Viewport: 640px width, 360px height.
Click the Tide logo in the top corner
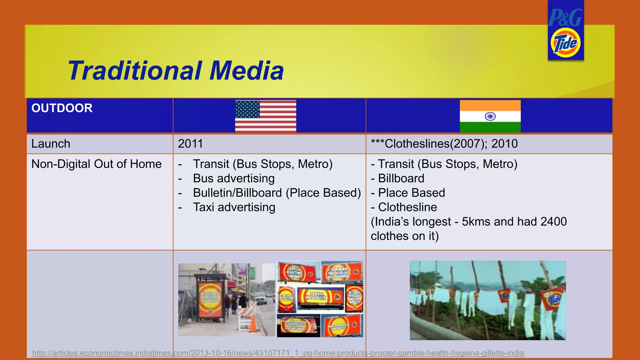click(565, 43)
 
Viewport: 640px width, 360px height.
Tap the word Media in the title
click(246, 71)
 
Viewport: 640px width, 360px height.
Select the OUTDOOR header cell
click(62, 108)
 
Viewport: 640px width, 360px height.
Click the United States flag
click(265, 116)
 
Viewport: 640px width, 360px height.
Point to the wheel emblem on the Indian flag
click(490, 117)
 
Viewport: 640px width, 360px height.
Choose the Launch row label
click(51, 144)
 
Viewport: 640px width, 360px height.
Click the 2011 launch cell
click(190, 144)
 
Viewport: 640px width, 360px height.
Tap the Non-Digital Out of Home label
click(96, 164)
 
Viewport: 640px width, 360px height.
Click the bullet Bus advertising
click(233, 178)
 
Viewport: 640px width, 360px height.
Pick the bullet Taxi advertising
click(234, 207)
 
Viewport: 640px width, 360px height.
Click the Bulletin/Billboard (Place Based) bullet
click(277, 193)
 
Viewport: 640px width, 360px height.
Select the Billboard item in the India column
click(401, 178)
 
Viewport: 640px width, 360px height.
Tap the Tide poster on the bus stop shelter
click(210, 299)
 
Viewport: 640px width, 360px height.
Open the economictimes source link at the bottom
click(278, 353)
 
